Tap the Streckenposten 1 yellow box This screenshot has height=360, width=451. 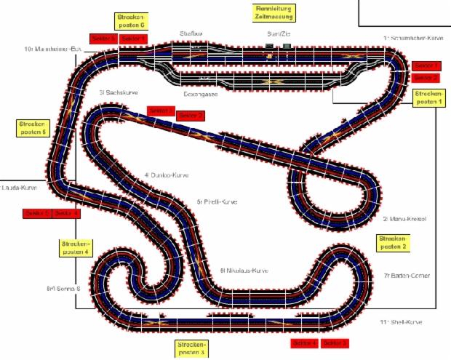point(428,98)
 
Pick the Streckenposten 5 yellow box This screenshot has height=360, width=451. point(32,128)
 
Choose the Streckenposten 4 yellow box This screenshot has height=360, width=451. point(76,247)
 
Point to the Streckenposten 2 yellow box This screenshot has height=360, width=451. point(394,242)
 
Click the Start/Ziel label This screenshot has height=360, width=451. point(279,33)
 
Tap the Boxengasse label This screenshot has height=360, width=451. point(201,94)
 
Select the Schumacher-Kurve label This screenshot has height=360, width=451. point(413,36)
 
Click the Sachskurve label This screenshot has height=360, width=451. point(119,93)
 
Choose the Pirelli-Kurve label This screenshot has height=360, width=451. point(217,201)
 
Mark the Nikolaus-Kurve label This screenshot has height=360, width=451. point(244,270)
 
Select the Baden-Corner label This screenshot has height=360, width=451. point(407,276)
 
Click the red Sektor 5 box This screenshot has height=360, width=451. point(36,213)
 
